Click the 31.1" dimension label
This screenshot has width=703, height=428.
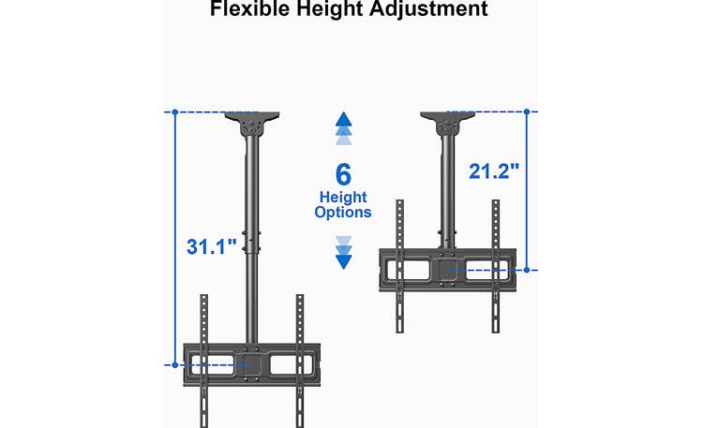click(x=211, y=247)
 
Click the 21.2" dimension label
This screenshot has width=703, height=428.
click(x=494, y=171)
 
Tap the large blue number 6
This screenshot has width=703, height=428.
click(x=343, y=175)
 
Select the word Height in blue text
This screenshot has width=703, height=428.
click(x=343, y=198)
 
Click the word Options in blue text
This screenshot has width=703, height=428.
click(x=343, y=212)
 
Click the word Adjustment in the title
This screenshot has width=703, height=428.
click(x=428, y=9)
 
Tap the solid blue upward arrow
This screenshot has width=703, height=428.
click(x=343, y=119)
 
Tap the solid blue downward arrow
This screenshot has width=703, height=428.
click(x=343, y=262)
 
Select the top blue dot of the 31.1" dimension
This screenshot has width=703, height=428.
click(x=175, y=112)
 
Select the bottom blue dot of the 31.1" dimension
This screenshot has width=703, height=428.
click(x=175, y=365)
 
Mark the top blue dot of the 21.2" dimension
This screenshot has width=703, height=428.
click(x=527, y=111)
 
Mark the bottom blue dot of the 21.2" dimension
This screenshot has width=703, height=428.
click(x=527, y=270)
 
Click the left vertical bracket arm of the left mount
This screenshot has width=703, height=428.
click(x=204, y=361)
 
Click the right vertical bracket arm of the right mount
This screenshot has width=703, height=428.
click(x=496, y=266)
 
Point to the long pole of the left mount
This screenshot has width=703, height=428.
click(x=251, y=238)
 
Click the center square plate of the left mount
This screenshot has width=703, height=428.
click(x=251, y=364)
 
